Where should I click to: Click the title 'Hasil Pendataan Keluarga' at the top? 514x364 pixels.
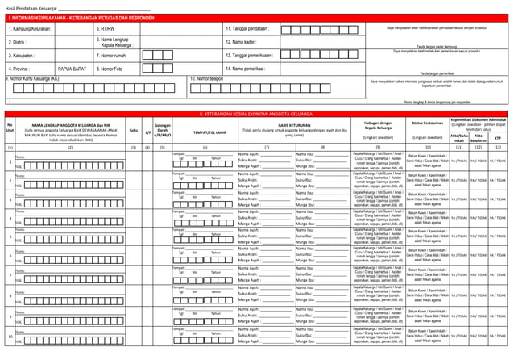[x=31, y=7]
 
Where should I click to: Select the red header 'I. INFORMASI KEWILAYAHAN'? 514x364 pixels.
[x=73, y=18]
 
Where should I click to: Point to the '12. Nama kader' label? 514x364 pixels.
[x=241, y=42]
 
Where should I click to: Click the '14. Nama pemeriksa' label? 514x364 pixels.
[x=245, y=69]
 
